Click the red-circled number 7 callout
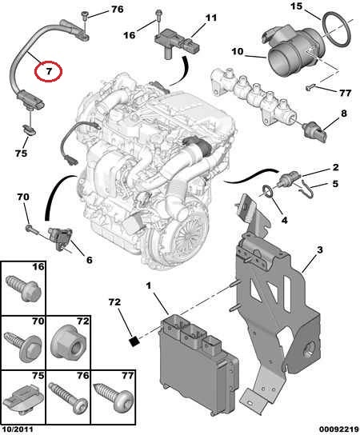click(x=48, y=71)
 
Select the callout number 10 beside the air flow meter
click(x=237, y=52)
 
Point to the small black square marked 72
click(x=134, y=341)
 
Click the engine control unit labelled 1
click(x=198, y=361)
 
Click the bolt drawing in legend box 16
click(x=23, y=289)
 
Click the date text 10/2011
click(x=18, y=429)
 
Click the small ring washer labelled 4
click(x=269, y=191)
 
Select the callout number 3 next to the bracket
click(x=320, y=250)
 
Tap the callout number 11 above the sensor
click(x=211, y=18)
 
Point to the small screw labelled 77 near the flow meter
click(x=310, y=87)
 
